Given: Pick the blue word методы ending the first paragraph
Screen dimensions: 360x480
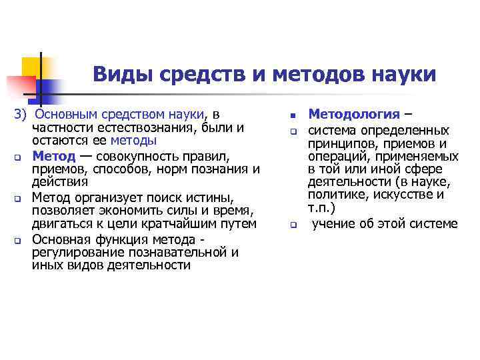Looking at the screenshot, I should click(x=133, y=140).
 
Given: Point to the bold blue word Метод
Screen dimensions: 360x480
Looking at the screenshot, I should click(x=53, y=156).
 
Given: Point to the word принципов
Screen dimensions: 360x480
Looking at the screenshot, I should click(x=341, y=144).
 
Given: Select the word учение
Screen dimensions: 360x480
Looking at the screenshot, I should click(x=335, y=223).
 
